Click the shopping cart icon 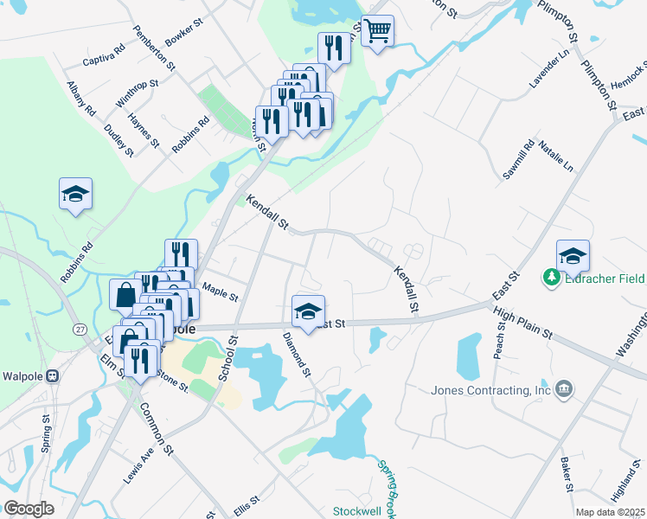click(x=377, y=32)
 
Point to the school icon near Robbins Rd click(x=75, y=194)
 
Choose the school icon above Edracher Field click(x=573, y=256)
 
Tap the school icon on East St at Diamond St click(x=307, y=311)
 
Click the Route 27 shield click(x=80, y=329)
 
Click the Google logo click(x=29, y=508)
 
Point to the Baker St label click(x=567, y=476)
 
